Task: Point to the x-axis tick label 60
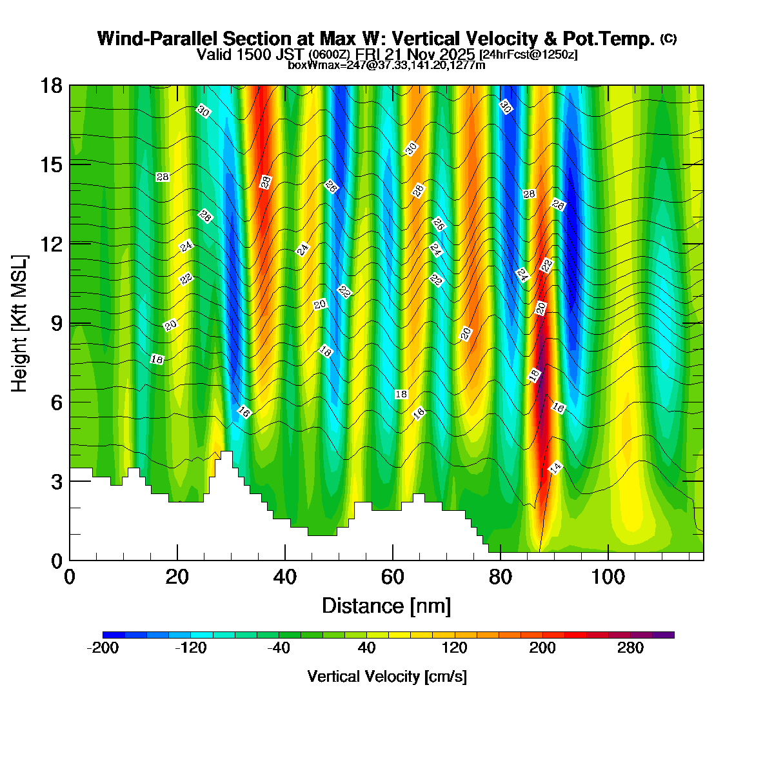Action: pos(392,576)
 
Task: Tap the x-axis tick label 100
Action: pos(608,576)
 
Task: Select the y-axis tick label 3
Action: pos(57,482)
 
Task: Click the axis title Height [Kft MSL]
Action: pos(20,324)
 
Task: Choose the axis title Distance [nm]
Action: pos(386,606)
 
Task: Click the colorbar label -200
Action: pos(103,648)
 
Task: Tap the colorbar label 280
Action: pos(630,648)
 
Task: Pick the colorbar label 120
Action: pos(454,648)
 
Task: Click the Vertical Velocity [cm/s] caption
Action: pos(387,677)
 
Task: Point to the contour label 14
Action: pos(555,468)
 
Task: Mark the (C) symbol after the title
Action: pos(668,39)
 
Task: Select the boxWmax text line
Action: pos(386,64)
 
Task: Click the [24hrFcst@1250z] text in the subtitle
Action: pos(528,55)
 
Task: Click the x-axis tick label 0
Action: pos(70,576)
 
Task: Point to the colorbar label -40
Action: pos(279,648)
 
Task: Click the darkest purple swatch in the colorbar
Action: pos(663,635)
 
